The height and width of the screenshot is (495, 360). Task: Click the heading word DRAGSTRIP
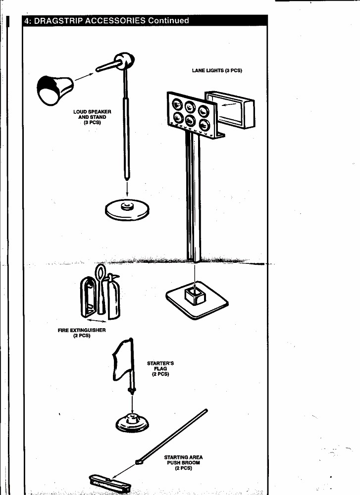58,21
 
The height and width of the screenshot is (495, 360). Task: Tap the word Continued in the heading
168,21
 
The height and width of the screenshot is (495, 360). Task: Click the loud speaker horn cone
55,90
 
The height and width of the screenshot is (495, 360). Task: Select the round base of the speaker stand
127,209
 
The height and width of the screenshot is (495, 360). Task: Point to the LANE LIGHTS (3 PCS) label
217,70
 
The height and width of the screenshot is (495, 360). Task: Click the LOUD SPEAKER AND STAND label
92,117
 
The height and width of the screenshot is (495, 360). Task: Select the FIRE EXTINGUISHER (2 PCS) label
82,333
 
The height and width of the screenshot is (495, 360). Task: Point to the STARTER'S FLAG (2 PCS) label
160,368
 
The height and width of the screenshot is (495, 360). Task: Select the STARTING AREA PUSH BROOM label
184,462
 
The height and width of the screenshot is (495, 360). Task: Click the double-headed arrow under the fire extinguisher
96,320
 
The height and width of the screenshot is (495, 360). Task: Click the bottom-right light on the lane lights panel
205,125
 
